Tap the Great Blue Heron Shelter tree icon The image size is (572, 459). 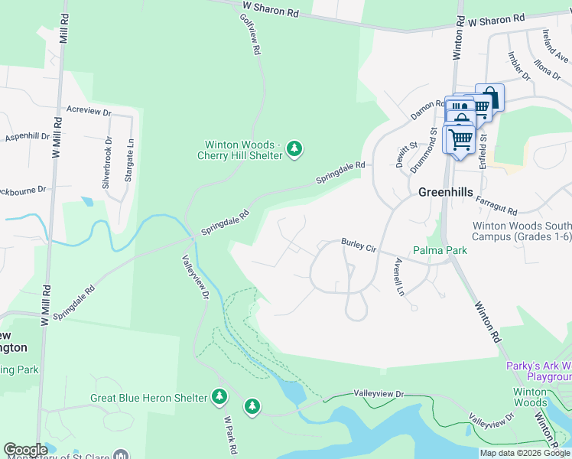click(x=219, y=397)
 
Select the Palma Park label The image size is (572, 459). click(x=440, y=250)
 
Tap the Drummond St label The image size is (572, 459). click(x=435, y=150)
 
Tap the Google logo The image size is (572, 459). click(x=25, y=450)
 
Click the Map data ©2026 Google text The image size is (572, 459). click(x=525, y=453)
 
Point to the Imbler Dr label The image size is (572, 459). click(x=518, y=66)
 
